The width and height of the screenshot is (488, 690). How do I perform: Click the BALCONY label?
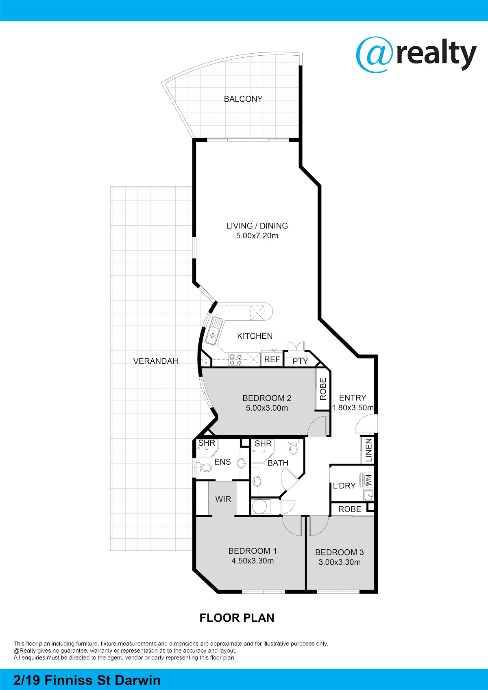pos(243,99)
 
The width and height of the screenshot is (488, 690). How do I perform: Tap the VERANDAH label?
pos(156,361)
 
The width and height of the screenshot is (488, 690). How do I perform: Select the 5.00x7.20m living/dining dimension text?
pos(257,236)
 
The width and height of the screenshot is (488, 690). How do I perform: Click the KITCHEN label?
pos(255,336)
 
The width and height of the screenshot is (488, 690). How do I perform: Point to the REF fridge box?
pos(272,359)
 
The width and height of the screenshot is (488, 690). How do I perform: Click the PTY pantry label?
pos(301,361)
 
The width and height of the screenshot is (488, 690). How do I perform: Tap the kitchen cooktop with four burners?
pos(236,360)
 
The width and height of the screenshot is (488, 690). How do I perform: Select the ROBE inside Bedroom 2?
pos(323,389)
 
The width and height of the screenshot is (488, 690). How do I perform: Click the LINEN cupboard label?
pos(369,450)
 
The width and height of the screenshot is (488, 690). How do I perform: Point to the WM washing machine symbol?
pos(368,480)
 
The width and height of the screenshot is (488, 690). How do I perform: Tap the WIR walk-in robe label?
pos(223,499)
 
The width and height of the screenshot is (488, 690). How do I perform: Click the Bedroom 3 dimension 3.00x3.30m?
pos(340,562)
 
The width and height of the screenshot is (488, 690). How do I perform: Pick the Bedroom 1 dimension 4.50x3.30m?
pos(253,561)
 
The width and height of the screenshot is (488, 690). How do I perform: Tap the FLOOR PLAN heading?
pos(237,618)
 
